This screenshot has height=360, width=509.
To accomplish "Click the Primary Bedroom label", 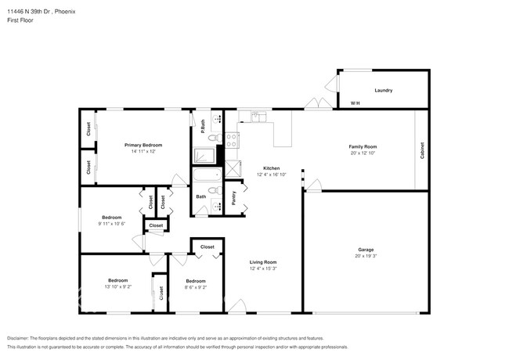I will pos(143,146).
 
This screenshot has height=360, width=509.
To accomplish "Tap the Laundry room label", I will pos(383,91).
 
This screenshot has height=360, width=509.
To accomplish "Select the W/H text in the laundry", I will pos(355,103).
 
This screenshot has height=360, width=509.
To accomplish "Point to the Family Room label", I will pos(363,147).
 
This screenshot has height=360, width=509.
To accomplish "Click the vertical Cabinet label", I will pos(422,150).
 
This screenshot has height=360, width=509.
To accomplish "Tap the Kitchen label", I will pos(271,168).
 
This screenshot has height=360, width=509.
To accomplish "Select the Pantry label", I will pos(234,198).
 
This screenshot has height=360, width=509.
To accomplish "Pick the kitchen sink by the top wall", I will pos(256,117).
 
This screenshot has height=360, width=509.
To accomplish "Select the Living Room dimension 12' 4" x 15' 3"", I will pos(263,268).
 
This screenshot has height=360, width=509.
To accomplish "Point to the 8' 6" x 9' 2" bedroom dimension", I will pos(195,287).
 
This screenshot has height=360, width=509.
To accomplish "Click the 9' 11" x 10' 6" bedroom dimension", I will pos(113,223).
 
